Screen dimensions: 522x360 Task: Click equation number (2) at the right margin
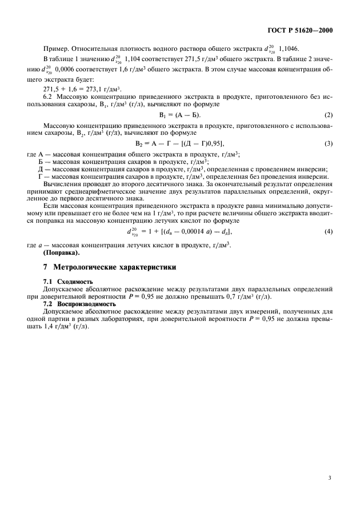tap(329, 116)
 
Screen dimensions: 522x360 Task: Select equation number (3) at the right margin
tap(329, 143)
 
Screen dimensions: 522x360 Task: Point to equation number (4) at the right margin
tap(329, 232)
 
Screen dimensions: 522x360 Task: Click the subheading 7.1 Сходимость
tap(69, 282)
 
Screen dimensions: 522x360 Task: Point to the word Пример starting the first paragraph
tap(55, 50)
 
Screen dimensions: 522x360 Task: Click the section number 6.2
tap(49, 98)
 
